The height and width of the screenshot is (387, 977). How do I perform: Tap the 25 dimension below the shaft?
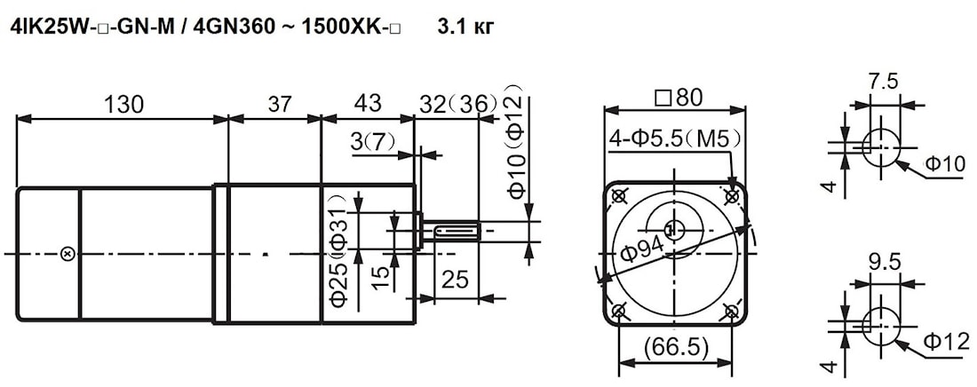(x=455, y=281)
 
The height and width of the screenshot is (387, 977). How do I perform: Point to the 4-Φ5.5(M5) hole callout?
(x=676, y=139)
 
